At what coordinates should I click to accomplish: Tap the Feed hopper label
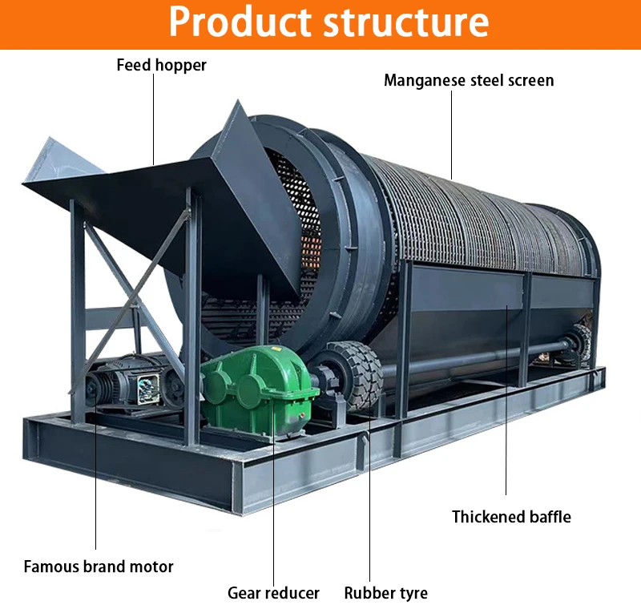tap(161, 65)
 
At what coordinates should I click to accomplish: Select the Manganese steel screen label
tap(469, 80)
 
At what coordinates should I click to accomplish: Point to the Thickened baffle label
tap(511, 517)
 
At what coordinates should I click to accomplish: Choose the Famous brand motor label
tap(99, 567)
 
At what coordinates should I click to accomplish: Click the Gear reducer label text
tap(273, 593)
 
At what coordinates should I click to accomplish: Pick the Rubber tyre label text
tap(385, 593)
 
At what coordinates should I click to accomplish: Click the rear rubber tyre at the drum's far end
tap(579, 343)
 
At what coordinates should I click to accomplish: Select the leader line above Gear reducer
tap(273, 513)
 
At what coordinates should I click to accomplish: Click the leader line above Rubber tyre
tap(369, 497)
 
